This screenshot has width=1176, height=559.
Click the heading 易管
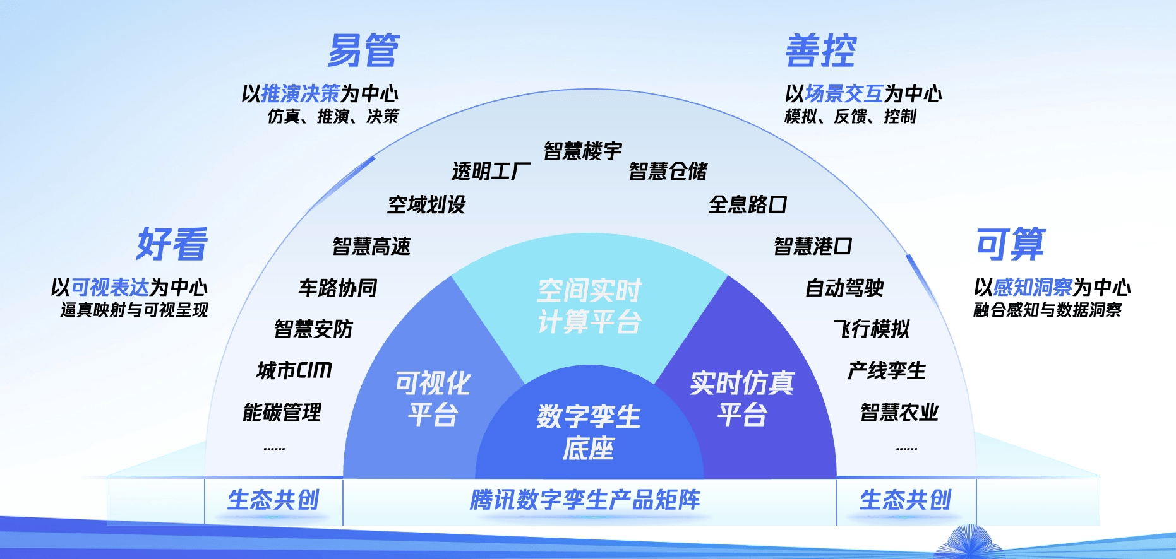point(363,50)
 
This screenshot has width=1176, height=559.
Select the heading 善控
point(820,50)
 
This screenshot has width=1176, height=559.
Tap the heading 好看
point(172,244)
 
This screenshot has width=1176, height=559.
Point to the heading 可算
point(1011,244)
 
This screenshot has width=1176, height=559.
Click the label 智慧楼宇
point(582,151)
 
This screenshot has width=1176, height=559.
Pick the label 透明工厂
point(491,171)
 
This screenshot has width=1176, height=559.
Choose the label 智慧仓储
point(668,171)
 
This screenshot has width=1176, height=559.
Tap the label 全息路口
point(748,204)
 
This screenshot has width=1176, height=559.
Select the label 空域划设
point(426,204)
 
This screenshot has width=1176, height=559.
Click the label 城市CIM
point(294,370)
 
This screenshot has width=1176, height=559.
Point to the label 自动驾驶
point(844,288)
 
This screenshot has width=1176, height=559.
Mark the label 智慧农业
point(899,412)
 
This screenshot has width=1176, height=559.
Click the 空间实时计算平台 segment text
point(589,306)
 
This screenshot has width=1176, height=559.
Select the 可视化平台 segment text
point(433,399)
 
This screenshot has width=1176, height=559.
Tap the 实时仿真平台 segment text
point(742,399)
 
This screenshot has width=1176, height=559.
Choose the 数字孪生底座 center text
point(589,432)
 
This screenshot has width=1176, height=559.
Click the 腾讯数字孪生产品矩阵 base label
point(585,500)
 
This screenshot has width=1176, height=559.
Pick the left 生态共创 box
point(273,500)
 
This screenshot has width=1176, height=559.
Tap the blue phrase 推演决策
point(301,94)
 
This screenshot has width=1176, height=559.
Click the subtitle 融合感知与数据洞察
point(1047,310)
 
